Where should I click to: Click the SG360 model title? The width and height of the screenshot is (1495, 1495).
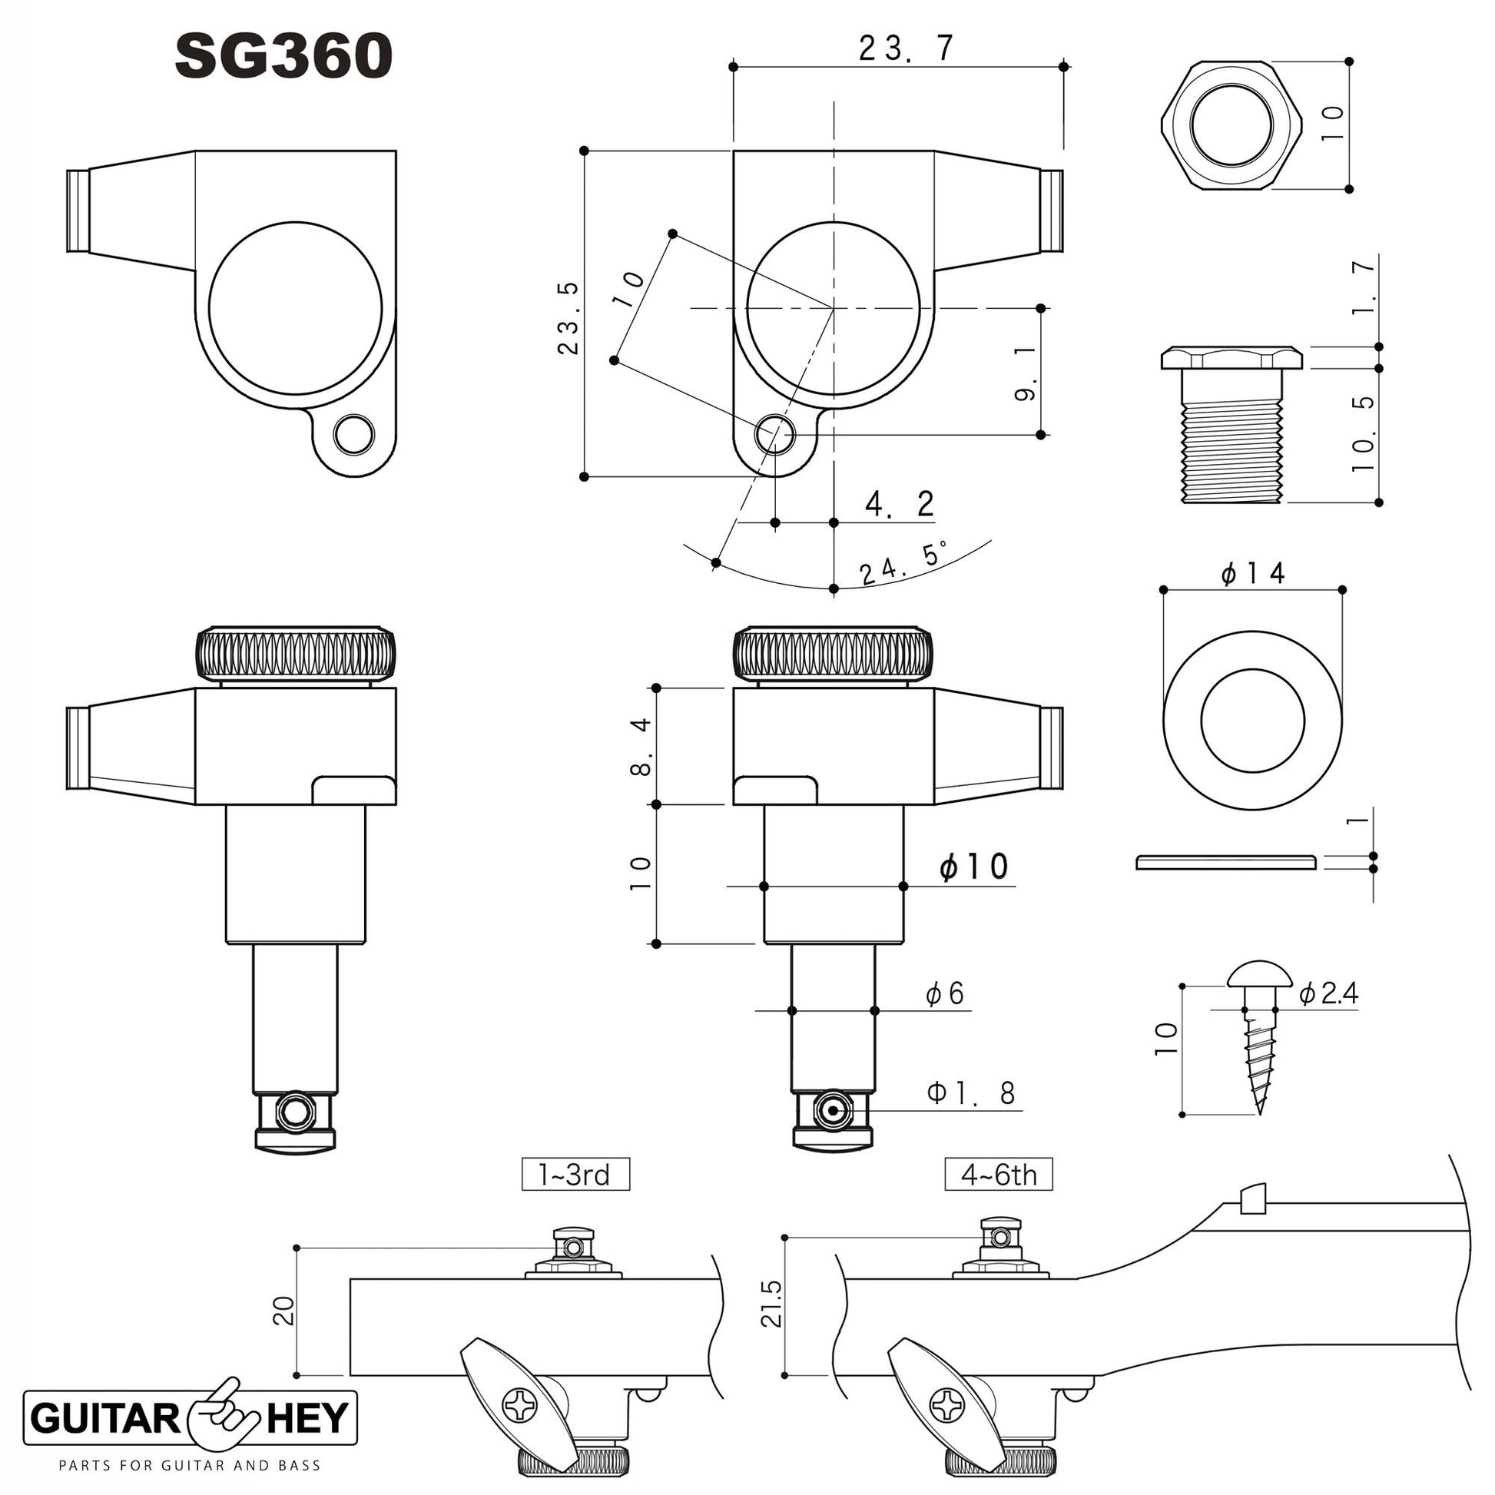[x=284, y=57]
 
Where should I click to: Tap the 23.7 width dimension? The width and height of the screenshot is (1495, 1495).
[x=906, y=49]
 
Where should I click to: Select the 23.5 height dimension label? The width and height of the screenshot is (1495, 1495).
[x=568, y=318]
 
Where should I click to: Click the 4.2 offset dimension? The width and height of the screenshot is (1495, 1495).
[x=900, y=505]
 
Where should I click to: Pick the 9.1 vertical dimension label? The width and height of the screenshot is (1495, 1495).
[x=1025, y=373]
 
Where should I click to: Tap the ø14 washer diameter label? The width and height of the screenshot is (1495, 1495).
[x=1253, y=573]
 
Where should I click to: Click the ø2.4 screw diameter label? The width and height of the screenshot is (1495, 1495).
[x=1328, y=993]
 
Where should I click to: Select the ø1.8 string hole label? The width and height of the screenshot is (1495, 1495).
[x=971, y=1092]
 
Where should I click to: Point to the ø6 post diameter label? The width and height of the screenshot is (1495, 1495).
[x=945, y=993]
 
